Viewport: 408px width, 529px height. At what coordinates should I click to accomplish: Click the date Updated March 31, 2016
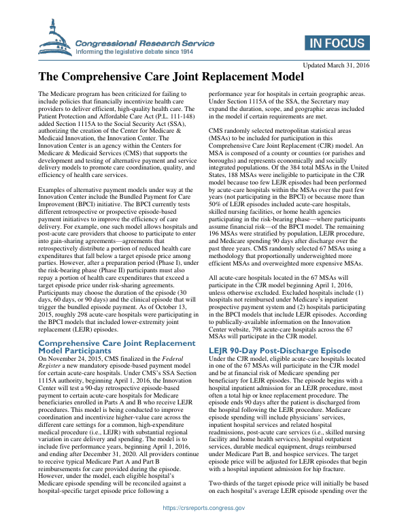(336, 65)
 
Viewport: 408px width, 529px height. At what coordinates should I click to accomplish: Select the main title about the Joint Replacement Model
(170, 77)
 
